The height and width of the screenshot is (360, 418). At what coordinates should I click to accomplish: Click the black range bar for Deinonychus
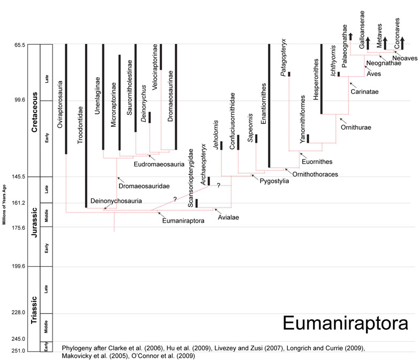point(150,117)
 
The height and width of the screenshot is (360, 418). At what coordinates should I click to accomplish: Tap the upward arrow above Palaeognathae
point(350,36)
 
